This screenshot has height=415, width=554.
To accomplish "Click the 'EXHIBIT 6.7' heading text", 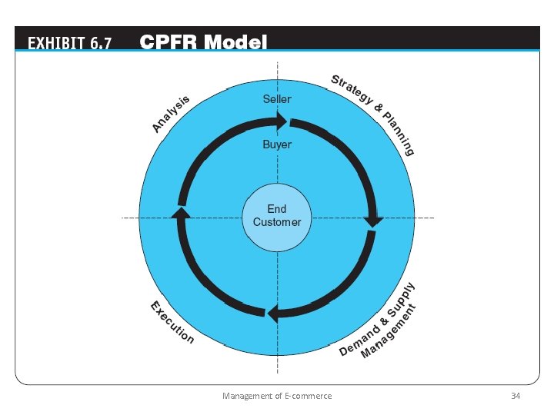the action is [x=69, y=43].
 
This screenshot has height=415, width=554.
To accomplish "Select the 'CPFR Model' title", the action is [x=203, y=42].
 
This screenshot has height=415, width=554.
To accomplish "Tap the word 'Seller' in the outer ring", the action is [x=277, y=99].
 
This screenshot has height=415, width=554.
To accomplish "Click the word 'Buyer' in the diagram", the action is [x=277, y=144].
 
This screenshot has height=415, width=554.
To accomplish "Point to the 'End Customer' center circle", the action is [x=277, y=217].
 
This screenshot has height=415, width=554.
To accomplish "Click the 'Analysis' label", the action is [x=171, y=114].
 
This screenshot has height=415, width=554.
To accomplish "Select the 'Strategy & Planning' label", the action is [x=373, y=115].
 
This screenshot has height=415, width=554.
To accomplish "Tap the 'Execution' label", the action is [x=172, y=323].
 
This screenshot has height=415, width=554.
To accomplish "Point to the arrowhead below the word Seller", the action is [x=282, y=121].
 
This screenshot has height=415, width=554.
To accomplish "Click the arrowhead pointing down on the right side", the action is [x=375, y=221].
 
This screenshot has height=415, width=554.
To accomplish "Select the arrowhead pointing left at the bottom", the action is [x=272, y=314].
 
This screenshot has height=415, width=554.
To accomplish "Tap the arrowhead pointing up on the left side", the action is [x=181, y=213].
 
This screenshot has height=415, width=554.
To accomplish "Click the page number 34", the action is [x=516, y=396].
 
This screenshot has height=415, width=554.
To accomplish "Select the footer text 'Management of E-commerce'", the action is [x=277, y=396].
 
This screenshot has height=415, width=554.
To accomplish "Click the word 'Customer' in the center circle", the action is [x=277, y=222].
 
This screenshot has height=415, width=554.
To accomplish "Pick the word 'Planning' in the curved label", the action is [x=399, y=134].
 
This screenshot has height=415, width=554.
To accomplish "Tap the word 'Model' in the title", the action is [x=235, y=42].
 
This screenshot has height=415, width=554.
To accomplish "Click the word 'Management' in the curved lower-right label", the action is [x=389, y=331].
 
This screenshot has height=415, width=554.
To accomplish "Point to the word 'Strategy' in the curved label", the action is [x=352, y=90].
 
